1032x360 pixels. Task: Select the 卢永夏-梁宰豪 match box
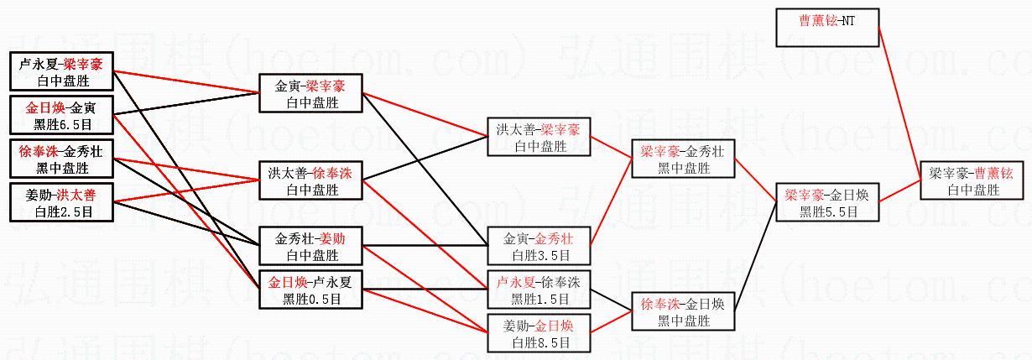click(60, 71)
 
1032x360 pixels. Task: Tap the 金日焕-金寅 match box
click(60, 115)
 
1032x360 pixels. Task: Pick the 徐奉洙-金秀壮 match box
click(60, 159)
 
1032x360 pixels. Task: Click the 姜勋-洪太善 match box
click(60, 202)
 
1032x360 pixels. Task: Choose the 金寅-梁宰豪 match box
click(310, 93)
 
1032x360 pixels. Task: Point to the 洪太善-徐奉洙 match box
click(310, 180)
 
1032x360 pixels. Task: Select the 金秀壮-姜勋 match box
click(310, 246)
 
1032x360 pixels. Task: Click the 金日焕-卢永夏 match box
click(310, 290)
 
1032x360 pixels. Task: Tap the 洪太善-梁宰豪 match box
click(540, 137)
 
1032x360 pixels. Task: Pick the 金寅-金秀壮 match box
click(540, 246)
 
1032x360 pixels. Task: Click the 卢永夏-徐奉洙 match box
click(540, 290)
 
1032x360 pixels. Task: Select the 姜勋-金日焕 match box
click(540, 333)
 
